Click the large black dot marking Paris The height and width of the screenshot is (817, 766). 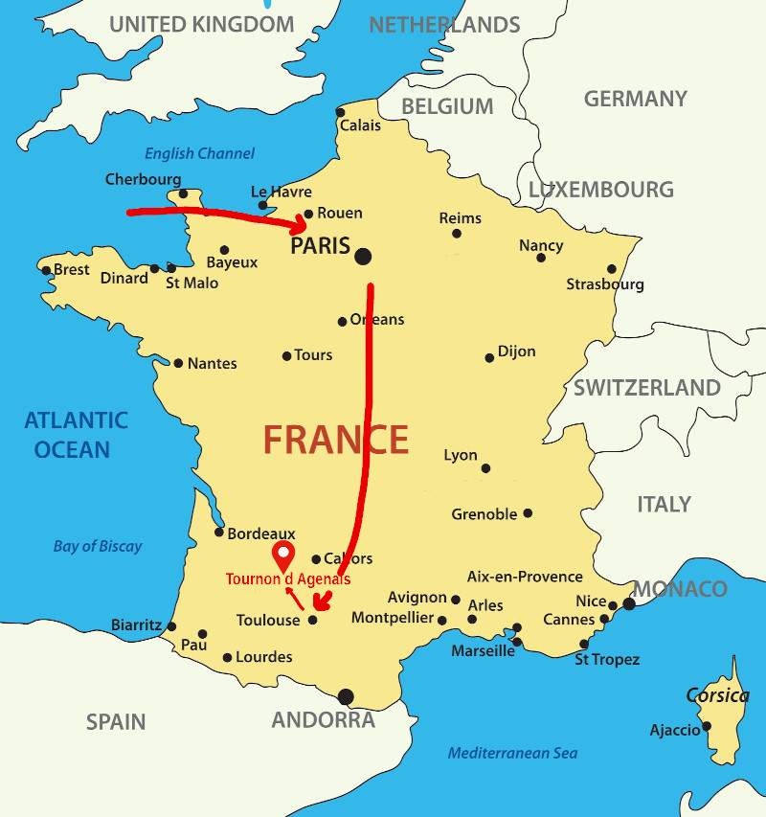(x=363, y=256)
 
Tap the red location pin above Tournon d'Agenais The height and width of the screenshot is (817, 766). (x=283, y=554)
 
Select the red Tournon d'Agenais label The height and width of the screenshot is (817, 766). (x=287, y=579)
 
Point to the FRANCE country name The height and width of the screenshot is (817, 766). (x=336, y=440)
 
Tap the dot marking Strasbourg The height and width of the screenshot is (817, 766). (x=612, y=269)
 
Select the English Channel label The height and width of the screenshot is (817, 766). (x=199, y=153)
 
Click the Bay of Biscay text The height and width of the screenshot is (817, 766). (x=97, y=546)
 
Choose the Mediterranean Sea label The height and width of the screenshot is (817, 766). (x=512, y=753)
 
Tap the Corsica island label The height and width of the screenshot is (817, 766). (x=717, y=695)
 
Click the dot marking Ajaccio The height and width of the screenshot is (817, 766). (x=709, y=726)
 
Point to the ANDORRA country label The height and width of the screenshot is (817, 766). (x=324, y=720)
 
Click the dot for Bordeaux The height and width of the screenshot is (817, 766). (x=219, y=533)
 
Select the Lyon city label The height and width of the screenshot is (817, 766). (x=461, y=455)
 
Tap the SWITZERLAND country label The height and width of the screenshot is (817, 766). (x=646, y=388)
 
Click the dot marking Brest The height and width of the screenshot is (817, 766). (x=46, y=270)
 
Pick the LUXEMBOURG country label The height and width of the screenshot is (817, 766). (x=600, y=189)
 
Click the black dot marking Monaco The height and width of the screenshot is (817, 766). (x=629, y=603)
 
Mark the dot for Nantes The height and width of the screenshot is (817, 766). (x=178, y=363)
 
